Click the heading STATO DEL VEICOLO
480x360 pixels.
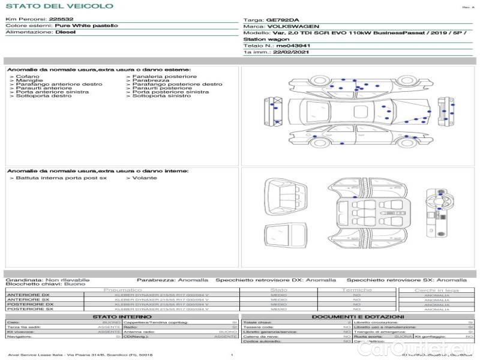coord(59,6)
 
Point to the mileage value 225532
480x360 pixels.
coord(61,20)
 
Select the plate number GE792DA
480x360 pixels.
coord(281,20)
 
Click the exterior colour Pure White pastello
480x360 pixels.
coord(86,26)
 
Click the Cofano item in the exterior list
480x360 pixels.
coord(28,77)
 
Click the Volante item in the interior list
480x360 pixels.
coord(145,178)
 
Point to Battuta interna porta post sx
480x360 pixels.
coord(61,178)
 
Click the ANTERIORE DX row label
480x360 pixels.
coord(28,295)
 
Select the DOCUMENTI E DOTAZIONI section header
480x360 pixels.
coord(358,316)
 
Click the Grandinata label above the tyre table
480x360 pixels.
coord(24,280)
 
